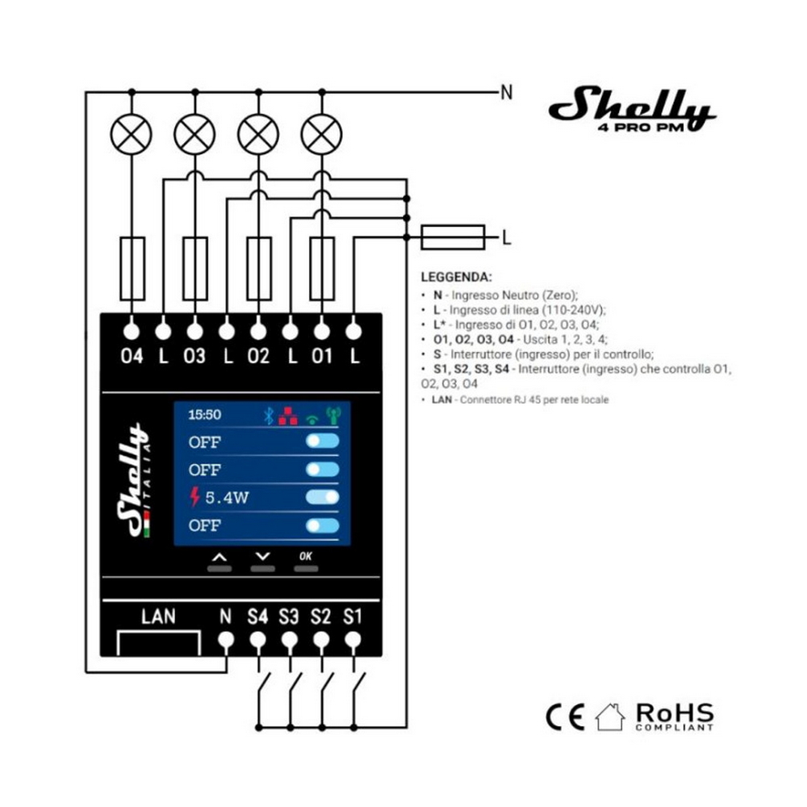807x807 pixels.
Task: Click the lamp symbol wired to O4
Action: click(x=132, y=134)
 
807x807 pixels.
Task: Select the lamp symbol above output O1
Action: click(x=322, y=134)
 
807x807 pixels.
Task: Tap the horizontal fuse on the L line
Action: click(x=453, y=237)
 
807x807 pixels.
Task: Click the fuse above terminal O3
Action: click(x=195, y=269)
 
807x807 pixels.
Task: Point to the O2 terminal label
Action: click(x=258, y=356)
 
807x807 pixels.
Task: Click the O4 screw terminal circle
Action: click(x=132, y=332)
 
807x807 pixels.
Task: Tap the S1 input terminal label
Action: click(x=353, y=616)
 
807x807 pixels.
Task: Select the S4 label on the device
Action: click(x=257, y=616)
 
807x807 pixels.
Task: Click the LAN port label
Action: click(x=158, y=616)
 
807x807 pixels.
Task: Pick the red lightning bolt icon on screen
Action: click(x=194, y=496)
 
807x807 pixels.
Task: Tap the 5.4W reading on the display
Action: click(x=227, y=498)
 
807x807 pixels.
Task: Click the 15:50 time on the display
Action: click(x=204, y=415)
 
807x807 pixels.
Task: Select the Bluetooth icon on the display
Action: click(x=268, y=416)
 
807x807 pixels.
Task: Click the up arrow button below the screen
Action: click(x=220, y=557)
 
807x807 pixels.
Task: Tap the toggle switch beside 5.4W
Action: click(x=322, y=496)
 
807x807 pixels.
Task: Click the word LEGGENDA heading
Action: click(x=457, y=277)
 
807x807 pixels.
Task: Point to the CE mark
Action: click(x=565, y=717)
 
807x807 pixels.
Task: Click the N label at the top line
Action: click(x=507, y=93)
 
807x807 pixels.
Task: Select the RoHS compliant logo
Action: click(x=675, y=717)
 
